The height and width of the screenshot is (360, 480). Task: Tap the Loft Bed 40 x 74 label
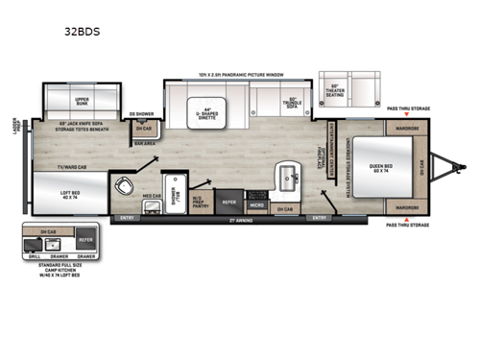[x=69, y=195]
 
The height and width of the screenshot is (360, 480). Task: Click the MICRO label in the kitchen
[x=257, y=204]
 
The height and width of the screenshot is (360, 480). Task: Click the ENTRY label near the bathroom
[x=127, y=218]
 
